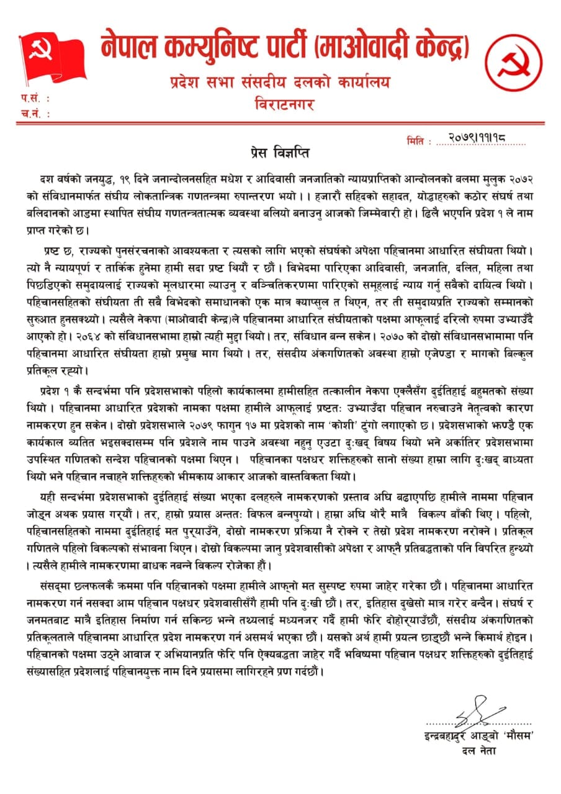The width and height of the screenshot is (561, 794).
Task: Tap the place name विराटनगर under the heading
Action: (x=284, y=104)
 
